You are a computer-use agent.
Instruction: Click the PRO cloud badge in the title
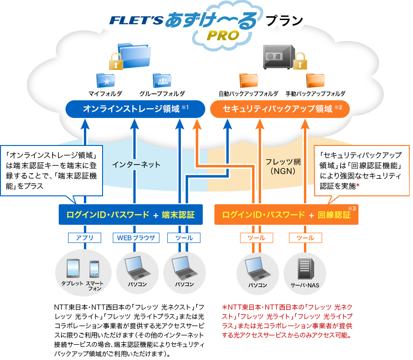pos(223,35)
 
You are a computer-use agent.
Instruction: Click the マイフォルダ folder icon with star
pos(105,81)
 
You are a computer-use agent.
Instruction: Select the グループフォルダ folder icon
pos(162,81)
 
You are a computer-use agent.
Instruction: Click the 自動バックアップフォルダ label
pos(248,94)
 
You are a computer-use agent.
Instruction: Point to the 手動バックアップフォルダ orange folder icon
pos(315,81)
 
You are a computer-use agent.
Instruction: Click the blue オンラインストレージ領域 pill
pos(135,109)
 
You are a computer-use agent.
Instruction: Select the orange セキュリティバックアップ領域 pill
pos(280,109)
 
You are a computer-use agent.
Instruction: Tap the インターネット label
pos(136,165)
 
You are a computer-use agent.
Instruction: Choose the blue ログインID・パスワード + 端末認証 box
pos(131,215)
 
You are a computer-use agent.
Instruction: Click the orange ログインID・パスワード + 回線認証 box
pos(286,215)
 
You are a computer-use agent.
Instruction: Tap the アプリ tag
pos(84,238)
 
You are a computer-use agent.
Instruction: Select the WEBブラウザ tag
pos(136,238)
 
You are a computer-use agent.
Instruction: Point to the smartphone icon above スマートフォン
pos(95,270)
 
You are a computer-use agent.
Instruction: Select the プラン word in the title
pos(284,21)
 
